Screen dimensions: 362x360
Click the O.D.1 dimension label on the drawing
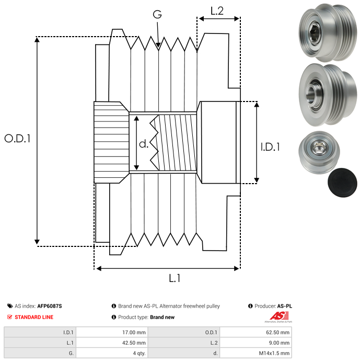tap(17, 139)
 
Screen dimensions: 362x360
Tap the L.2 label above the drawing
tap(217, 10)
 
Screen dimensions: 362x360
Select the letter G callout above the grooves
tap(157, 14)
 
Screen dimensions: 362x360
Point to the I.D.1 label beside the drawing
tap(270, 147)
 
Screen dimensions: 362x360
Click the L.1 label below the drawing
tap(175, 278)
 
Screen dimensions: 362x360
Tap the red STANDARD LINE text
tap(34, 317)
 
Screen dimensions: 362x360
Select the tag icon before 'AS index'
tap(10, 306)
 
